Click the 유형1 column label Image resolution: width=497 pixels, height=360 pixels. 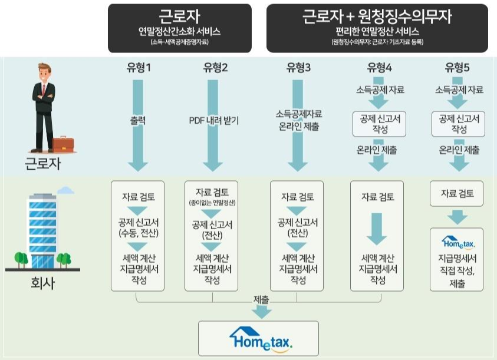[139, 68]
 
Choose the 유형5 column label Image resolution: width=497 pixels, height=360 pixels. [457, 68]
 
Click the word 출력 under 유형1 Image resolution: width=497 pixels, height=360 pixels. [139, 120]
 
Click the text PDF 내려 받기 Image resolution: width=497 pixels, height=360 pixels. [213, 120]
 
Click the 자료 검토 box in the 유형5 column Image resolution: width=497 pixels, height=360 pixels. [458, 193]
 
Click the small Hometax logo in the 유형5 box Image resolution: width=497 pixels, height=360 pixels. [457, 242]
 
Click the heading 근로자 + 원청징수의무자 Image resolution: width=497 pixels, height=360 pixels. [377, 16]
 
